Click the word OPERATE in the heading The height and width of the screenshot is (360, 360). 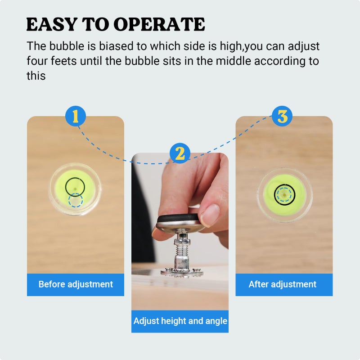click(159, 24)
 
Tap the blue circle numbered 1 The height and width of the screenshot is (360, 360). click(76, 116)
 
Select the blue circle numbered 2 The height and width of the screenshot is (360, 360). click(180, 153)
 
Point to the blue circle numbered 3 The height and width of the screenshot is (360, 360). click(282, 116)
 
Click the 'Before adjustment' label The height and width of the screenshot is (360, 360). click(76, 284)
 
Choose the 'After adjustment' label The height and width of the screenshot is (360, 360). click(283, 284)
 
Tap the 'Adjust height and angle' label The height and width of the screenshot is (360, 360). click(180, 321)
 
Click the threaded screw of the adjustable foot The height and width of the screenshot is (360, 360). click(181, 251)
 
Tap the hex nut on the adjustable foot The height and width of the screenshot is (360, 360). click(181, 242)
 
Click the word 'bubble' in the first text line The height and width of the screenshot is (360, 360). click(67, 46)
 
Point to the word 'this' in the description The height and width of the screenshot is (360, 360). click(36, 76)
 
